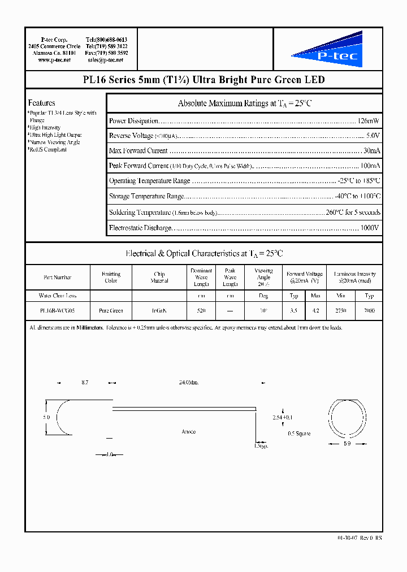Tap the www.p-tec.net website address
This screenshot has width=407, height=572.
tap(54, 60)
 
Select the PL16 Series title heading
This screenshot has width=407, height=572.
tap(203, 80)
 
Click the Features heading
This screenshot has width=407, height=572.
tap(42, 103)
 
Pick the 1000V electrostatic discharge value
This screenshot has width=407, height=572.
tap(370, 228)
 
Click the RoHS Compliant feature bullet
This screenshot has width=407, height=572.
tap(47, 150)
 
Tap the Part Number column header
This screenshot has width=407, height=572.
tap(57, 278)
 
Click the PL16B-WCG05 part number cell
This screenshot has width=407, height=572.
tap(57, 311)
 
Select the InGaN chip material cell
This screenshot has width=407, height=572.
tap(159, 311)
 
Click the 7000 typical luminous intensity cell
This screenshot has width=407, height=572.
tap(369, 311)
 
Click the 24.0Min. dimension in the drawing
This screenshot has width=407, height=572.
tap(188, 383)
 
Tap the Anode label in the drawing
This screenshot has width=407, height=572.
tap(188, 432)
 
